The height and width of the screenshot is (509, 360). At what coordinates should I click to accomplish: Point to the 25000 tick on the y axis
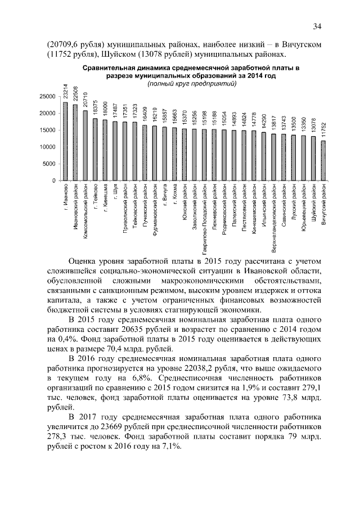(x=47, y=97)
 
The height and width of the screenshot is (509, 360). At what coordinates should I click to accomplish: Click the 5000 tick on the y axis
(x=48, y=164)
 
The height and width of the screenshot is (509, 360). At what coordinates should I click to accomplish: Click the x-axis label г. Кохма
(x=175, y=200)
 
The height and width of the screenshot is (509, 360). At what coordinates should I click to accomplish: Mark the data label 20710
(x=85, y=100)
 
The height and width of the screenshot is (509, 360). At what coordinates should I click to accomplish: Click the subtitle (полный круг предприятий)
(x=187, y=84)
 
